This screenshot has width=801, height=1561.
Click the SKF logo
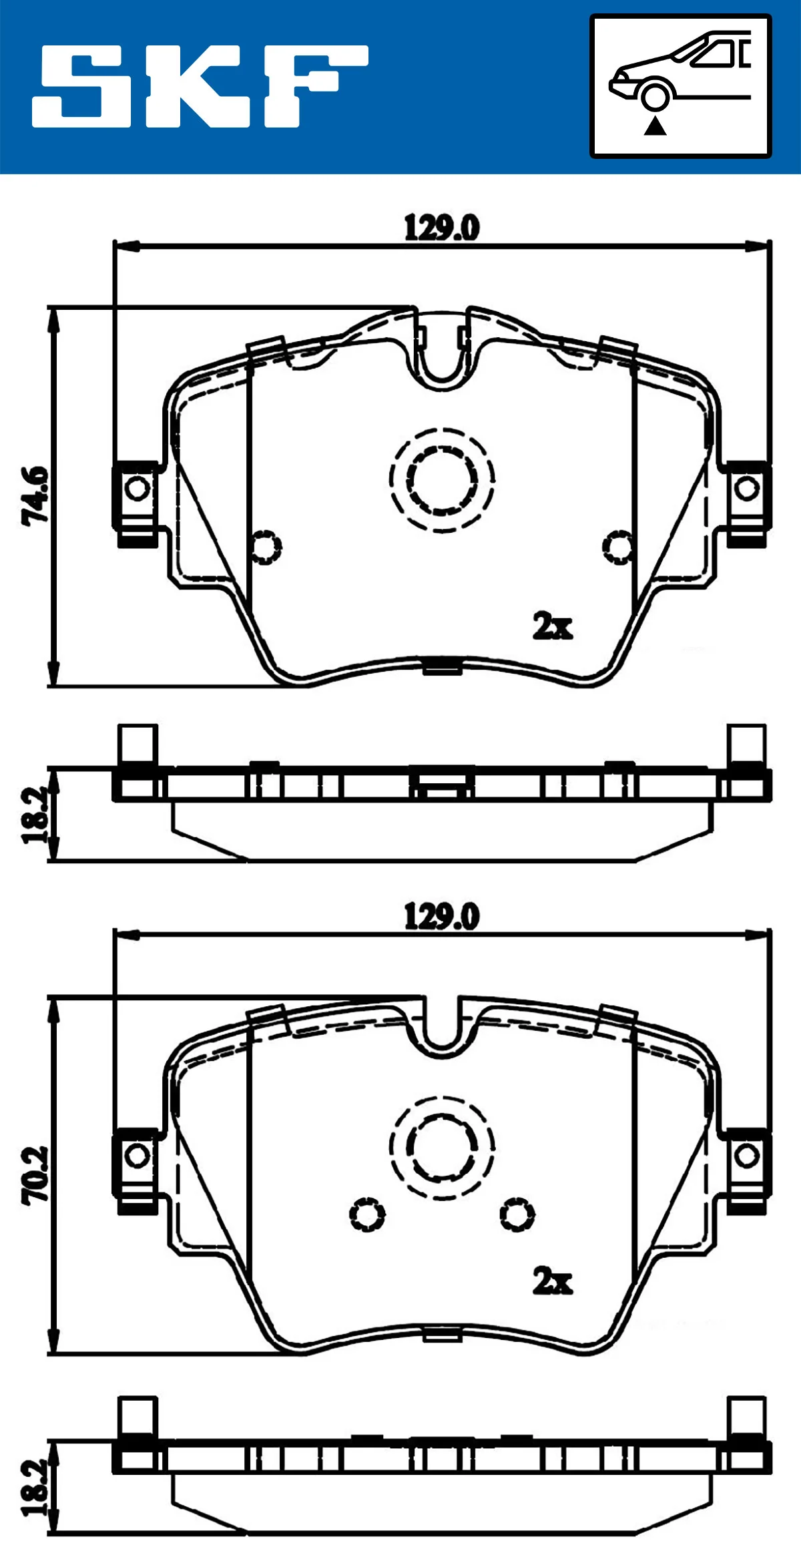pos(200,86)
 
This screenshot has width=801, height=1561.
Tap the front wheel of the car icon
pos(655,96)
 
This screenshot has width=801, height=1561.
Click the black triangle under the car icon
pos(655,126)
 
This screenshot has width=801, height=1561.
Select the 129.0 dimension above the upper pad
pos(441,228)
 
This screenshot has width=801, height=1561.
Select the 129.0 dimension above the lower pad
pos(441,916)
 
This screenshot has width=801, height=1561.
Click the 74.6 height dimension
pos(35,496)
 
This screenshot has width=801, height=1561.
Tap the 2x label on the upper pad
pos(552,626)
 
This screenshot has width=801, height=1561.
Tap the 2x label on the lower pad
pos(552,1281)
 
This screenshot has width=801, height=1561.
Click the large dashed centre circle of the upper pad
pos(442,479)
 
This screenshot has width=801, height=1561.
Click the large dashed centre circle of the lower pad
pos(442,1148)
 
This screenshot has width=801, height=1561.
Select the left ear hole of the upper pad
pos(138,489)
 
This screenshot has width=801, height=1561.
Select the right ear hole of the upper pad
pos(747,489)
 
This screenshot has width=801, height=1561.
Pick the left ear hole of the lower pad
pos(138,1156)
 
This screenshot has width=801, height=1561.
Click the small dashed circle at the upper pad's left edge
pos(266,547)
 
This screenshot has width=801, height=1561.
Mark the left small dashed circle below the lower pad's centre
pos(366,1214)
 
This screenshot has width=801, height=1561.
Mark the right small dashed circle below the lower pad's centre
pos(517,1214)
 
